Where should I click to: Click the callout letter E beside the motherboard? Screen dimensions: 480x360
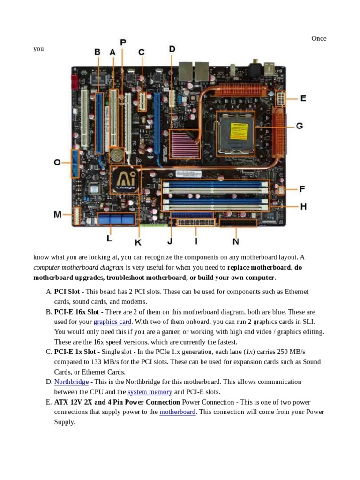[303, 98]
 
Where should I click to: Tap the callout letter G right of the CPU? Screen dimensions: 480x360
[299, 126]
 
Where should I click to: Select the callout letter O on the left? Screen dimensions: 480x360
[57, 162]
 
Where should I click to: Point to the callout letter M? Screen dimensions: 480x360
[57, 215]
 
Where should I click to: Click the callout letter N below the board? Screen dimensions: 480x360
[235, 241]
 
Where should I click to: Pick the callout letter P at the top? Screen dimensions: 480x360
[123, 43]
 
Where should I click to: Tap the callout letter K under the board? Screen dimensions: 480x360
[138, 242]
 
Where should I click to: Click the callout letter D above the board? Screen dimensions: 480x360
[172, 49]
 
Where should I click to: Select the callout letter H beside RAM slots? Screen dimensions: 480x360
[303, 206]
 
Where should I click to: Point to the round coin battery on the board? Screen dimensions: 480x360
[117, 155]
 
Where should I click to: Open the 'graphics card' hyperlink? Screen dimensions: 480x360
[112, 322]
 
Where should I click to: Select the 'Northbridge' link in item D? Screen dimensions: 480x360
[71, 382]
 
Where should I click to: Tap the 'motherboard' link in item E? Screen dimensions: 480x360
[177, 412]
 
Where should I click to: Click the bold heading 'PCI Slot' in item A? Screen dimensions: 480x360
[67, 292]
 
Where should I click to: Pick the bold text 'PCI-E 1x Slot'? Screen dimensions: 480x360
[75, 352]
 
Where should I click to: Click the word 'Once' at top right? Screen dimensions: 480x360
[319, 38]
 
